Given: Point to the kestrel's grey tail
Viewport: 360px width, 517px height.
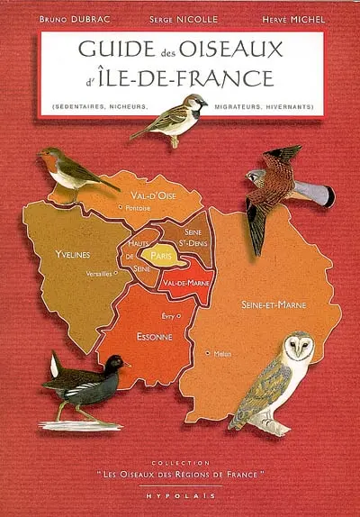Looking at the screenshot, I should coord(315,191).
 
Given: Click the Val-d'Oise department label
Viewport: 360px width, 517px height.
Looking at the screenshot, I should coord(154,194).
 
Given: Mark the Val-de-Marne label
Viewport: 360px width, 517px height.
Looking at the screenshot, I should coord(186,283).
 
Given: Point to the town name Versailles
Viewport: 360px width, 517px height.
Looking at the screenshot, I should coord(99,273).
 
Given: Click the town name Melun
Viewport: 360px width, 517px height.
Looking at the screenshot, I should coord(222,354).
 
